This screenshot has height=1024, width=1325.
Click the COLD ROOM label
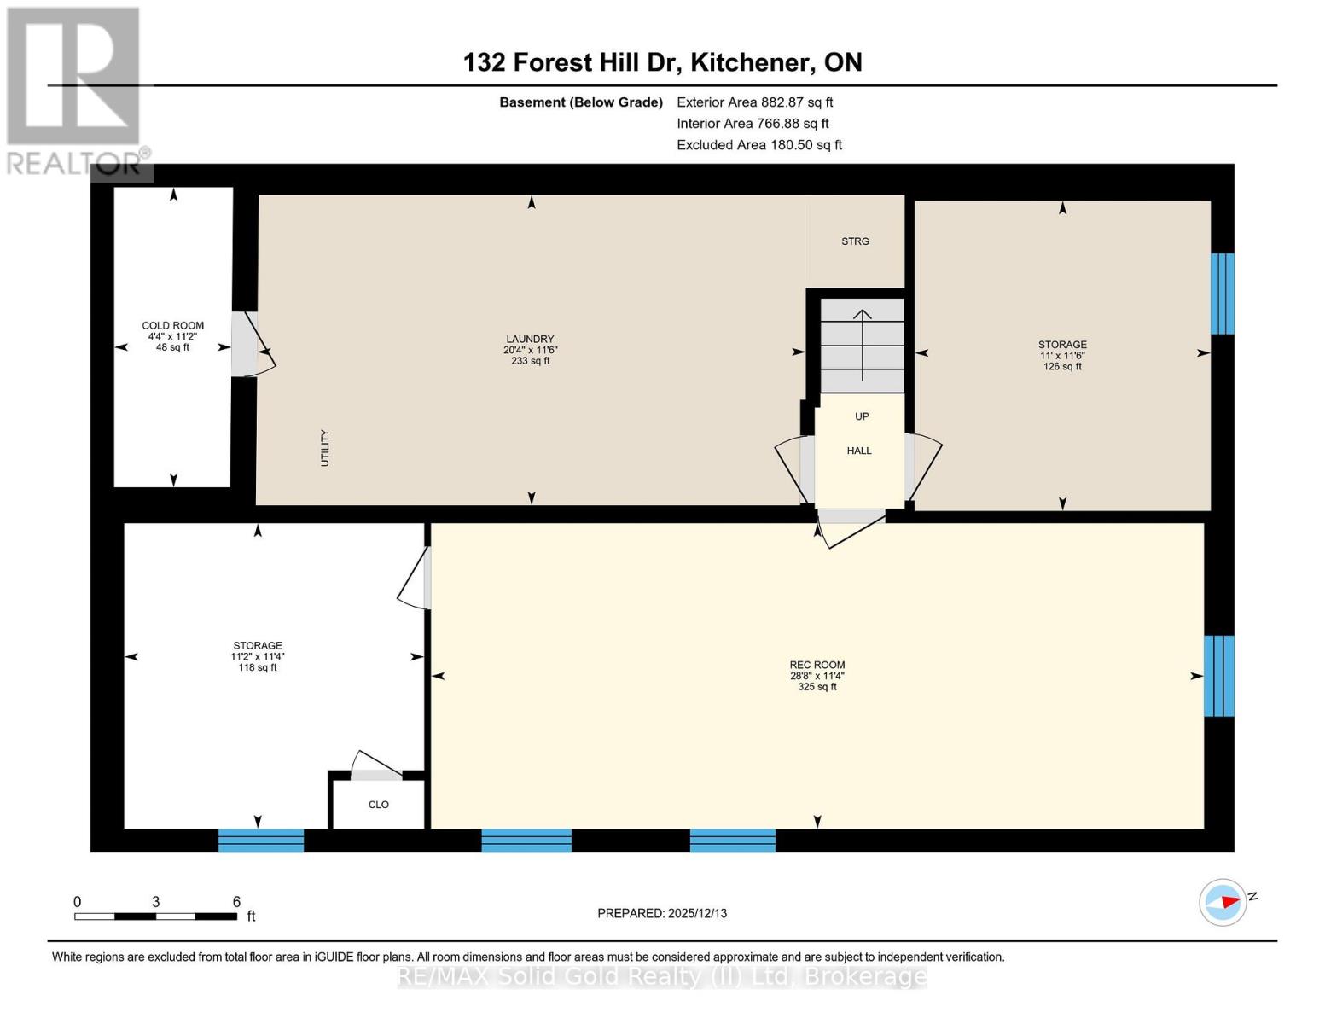click(172, 326)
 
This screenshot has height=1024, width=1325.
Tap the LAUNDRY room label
click(530, 339)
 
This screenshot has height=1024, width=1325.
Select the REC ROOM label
click(817, 665)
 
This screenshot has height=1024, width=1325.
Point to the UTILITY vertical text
click(325, 448)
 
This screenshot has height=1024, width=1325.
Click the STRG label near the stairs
click(855, 241)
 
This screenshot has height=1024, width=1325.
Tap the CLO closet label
click(379, 805)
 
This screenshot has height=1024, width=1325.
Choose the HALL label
click(859, 451)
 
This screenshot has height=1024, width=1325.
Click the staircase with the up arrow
click(862, 346)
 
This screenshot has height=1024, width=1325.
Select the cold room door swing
click(253, 345)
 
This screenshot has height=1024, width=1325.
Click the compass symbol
click(1223, 903)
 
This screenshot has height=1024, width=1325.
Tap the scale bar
click(155, 916)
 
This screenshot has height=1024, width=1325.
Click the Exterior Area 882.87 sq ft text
click(755, 102)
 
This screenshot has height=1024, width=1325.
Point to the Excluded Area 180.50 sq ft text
click(759, 145)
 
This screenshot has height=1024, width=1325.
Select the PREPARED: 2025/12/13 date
click(662, 913)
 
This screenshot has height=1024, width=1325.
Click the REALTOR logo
click(76, 91)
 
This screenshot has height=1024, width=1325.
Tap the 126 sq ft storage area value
click(1062, 367)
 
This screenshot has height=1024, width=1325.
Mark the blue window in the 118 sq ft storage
click(261, 840)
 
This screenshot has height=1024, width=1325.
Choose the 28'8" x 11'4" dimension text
click(817, 676)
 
